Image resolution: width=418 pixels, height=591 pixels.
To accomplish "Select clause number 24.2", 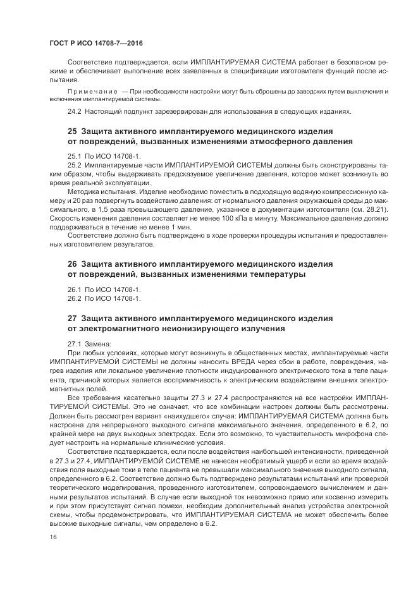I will point(75,111).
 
